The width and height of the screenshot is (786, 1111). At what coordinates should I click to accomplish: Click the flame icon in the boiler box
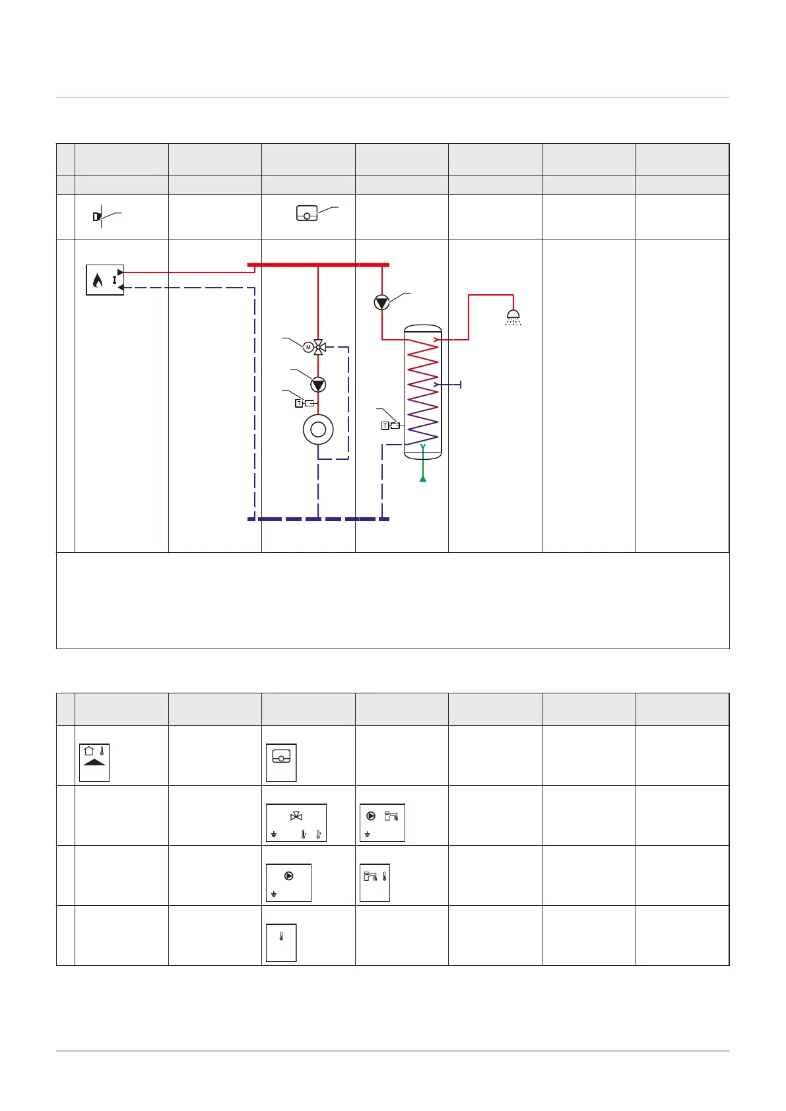pos(98,281)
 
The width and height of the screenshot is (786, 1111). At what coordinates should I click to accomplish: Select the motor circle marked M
pos(308,347)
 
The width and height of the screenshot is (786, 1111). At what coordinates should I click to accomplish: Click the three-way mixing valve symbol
pos(319,347)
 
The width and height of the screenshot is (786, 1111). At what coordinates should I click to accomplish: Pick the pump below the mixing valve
pos(318,384)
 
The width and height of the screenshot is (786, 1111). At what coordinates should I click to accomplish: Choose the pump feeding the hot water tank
pos(381,302)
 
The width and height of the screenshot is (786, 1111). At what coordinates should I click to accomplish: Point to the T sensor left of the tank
pos(390,426)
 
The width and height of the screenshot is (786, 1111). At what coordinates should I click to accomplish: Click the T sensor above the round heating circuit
pos(304,403)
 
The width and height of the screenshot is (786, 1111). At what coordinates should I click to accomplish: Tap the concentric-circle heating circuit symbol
pos(318,430)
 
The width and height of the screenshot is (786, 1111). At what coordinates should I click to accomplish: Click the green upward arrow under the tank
pos(423,477)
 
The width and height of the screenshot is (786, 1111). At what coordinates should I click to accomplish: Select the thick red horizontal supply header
pos(318,265)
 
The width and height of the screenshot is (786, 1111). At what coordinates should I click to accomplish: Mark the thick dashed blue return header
pos(318,519)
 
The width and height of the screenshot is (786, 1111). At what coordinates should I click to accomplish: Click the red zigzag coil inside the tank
pos(422,389)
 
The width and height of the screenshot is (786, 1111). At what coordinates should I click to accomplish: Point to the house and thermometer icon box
pos(94,763)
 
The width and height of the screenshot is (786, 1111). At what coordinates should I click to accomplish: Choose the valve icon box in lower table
pos(296,823)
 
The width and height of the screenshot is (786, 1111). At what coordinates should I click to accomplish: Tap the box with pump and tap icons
pos(382,823)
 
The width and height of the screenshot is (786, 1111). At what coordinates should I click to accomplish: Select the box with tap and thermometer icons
pos(374,883)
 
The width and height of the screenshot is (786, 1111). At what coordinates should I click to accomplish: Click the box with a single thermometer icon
pos(281,943)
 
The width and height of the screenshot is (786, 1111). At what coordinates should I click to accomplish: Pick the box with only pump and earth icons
pos(288,883)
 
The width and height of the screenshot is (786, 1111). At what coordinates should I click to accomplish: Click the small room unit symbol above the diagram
pos(307,214)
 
